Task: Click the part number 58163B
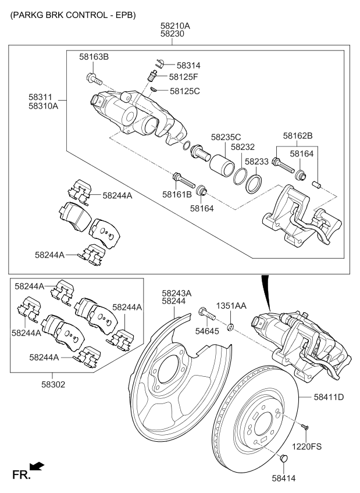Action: coord(94,56)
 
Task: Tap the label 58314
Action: coord(188,66)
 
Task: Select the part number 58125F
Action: coord(184,77)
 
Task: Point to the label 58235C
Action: coord(226,137)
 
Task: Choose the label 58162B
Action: coord(298,135)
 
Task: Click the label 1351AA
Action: coord(231,306)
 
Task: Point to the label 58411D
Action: coord(329,397)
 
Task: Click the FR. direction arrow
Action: coord(37,466)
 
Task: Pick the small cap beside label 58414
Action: coord(284,459)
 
